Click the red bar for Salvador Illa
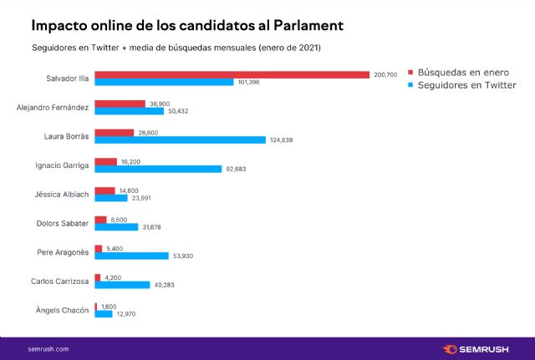click(232, 74)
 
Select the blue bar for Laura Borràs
click(180, 139)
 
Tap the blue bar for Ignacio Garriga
click(158, 169)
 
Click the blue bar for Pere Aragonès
click(131, 256)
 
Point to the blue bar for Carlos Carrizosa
click(122, 285)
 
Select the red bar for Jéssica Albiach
click(104, 190)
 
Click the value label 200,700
click(385, 75)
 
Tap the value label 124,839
click(282, 139)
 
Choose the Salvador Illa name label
click(67, 79)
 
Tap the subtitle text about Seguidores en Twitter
click(176, 48)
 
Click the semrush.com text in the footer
click(48, 348)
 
